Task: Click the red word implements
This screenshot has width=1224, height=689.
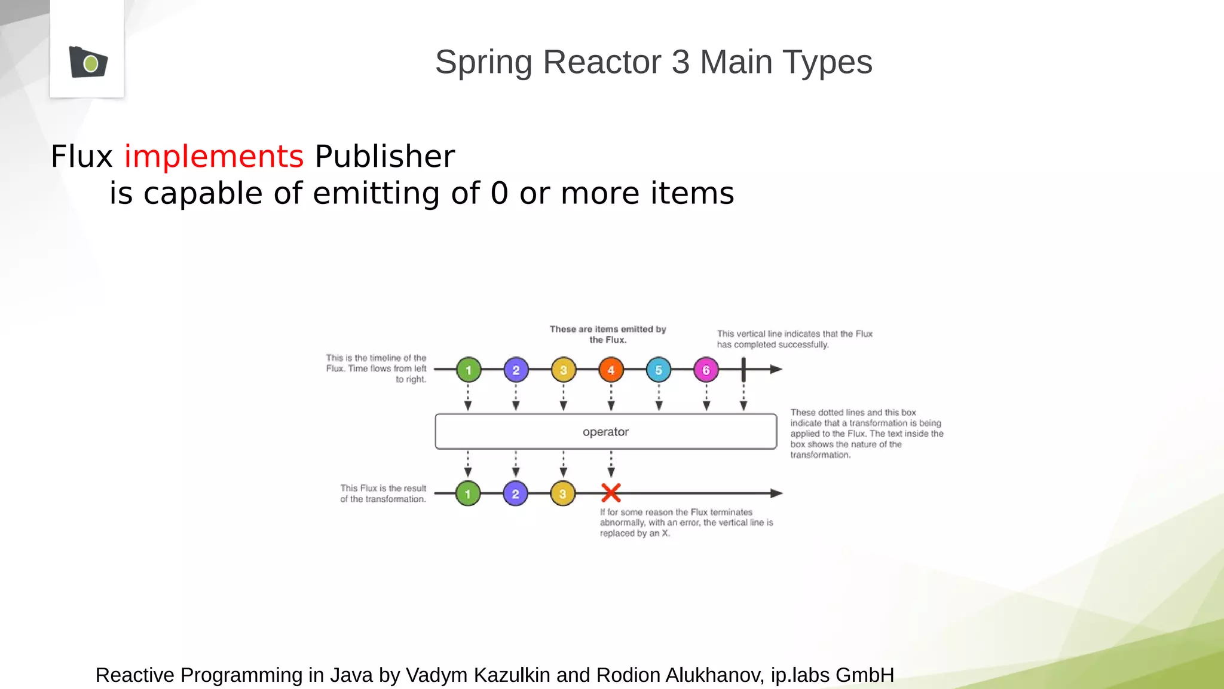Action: pos(213,157)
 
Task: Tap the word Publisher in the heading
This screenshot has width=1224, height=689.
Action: pos(384,157)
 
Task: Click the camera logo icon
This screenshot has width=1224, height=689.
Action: pos(88,62)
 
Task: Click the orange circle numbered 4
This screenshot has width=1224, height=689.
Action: pos(611,370)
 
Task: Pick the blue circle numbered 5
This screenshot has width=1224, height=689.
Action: pos(659,370)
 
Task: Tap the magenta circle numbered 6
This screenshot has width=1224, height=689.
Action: pos(706,370)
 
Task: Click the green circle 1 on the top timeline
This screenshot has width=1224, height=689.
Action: pos(469,370)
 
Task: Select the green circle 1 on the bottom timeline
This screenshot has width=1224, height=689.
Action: pos(468,494)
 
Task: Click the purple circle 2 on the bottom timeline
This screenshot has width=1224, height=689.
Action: pos(515,494)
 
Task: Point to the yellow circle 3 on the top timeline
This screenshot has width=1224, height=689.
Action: pos(563,370)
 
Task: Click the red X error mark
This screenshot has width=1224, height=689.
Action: pos(611,493)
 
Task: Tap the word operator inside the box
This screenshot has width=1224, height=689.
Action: pos(605,432)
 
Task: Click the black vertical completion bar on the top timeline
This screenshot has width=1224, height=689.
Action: pos(743,370)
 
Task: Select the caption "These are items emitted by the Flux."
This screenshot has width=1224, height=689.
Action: pos(607,334)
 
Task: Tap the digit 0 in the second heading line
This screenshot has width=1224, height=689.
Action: pos(499,194)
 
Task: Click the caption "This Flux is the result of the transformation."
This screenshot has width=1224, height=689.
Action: pos(383,493)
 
